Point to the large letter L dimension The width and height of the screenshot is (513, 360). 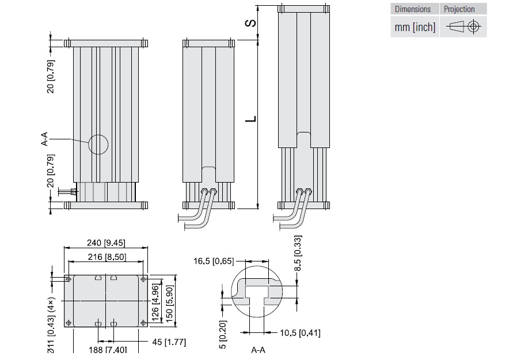pyautogui.click(x=252, y=119)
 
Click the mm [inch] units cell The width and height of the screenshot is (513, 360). pyautogui.click(x=415, y=26)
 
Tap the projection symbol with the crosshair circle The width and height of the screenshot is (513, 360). pyautogui.click(x=474, y=26)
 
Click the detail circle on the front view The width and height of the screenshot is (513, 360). pyautogui.click(x=98, y=145)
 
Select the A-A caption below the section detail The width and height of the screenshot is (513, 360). pyautogui.click(x=258, y=350)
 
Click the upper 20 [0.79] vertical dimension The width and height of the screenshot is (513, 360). pyautogui.click(x=51, y=81)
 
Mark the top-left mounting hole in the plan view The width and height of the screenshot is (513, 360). pyautogui.click(x=69, y=279)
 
